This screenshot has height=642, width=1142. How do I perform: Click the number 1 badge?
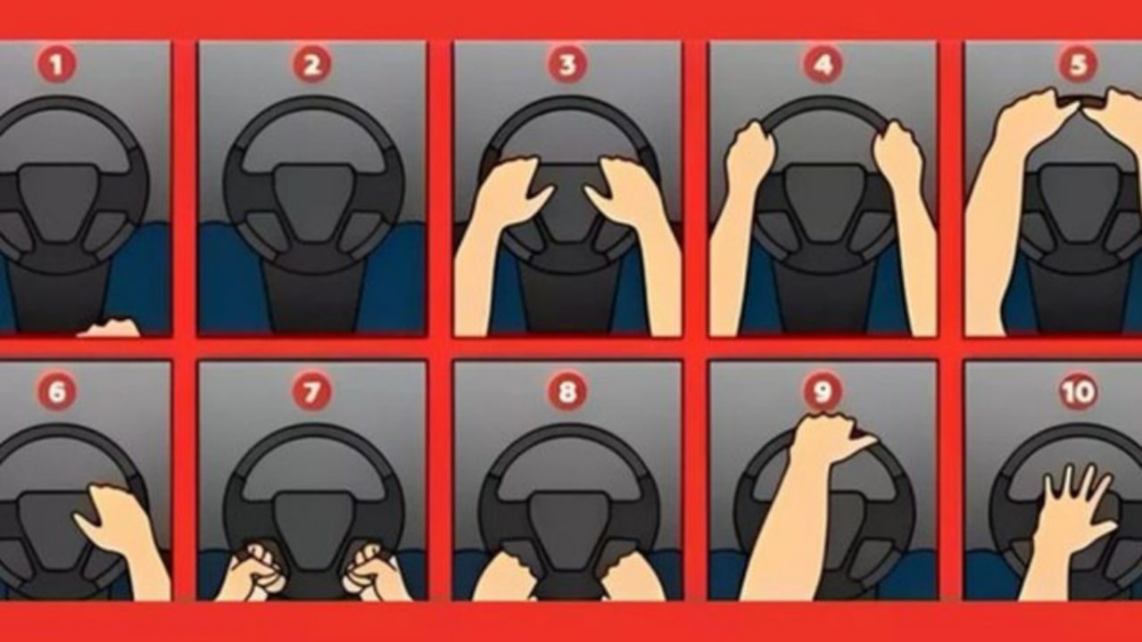pyautogui.click(x=56, y=64)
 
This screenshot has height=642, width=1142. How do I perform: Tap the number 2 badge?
pyautogui.click(x=312, y=64)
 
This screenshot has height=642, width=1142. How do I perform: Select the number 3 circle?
pyautogui.click(x=567, y=64)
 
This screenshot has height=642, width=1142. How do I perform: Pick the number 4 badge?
pyautogui.click(x=823, y=64)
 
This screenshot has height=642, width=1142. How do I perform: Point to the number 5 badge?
pyautogui.click(x=1078, y=64)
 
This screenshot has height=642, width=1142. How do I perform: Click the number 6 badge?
pyautogui.click(x=56, y=391)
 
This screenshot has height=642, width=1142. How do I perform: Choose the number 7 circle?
pyautogui.click(x=312, y=391)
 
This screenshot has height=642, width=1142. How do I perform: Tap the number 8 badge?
pyautogui.click(x=567, y=391)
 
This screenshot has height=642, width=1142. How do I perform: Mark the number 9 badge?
pyautogui.click(x=823, y=391)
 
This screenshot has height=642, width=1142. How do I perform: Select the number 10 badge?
pyautogui.click(x=1078, y=391)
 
